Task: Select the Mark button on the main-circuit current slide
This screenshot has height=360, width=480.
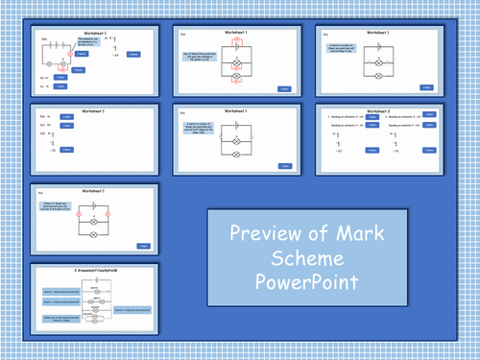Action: [x=143, y=247]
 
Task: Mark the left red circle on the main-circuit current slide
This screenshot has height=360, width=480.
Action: [x=78, y=211]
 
